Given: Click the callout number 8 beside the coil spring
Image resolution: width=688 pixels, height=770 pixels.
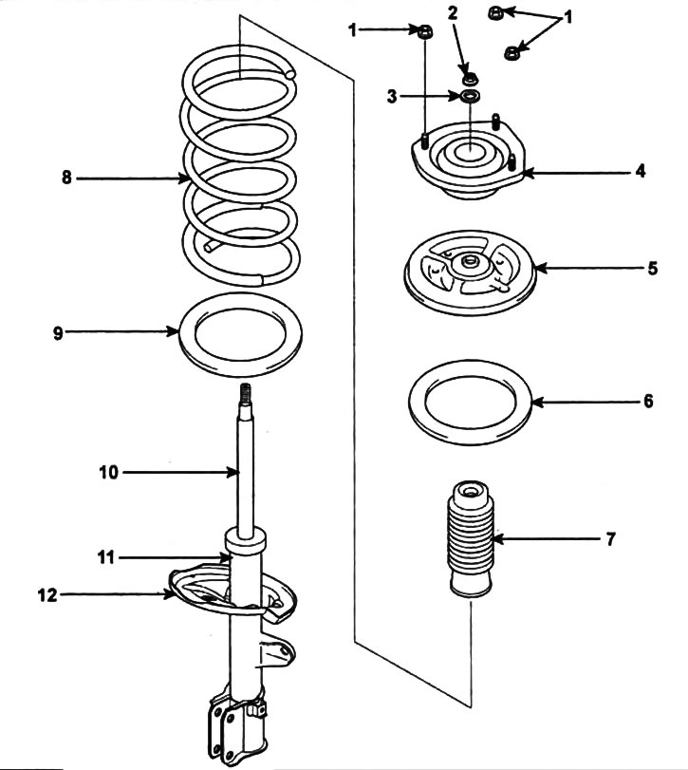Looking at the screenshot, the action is point(66,178).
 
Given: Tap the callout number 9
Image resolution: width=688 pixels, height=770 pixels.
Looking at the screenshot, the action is point(59,333).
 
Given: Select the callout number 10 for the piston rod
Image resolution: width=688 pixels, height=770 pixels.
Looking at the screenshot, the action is point(109,473).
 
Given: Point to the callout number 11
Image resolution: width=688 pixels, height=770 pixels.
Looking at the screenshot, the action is point(106,558).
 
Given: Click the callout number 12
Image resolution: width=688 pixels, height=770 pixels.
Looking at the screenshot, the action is point(47,595).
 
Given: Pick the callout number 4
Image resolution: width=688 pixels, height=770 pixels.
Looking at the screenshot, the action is point(641,172).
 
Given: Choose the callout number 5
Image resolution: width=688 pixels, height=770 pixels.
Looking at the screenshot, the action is point(652,269).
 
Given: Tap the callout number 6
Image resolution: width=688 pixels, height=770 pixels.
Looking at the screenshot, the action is point(649,402).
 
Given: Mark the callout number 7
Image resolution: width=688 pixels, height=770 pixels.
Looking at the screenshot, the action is point(610,539).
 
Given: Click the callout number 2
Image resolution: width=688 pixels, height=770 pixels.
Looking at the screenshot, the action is point(453,12).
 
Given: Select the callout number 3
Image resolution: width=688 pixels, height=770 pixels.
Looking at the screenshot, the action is point(392,96).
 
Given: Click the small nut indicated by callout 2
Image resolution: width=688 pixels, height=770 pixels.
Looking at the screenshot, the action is point(471,78).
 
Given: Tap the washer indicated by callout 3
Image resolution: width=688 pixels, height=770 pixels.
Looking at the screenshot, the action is point(470,95).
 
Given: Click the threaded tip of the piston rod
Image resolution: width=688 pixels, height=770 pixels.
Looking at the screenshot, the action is point(246,394).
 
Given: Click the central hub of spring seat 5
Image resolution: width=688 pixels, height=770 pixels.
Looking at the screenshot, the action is point(470,265).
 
